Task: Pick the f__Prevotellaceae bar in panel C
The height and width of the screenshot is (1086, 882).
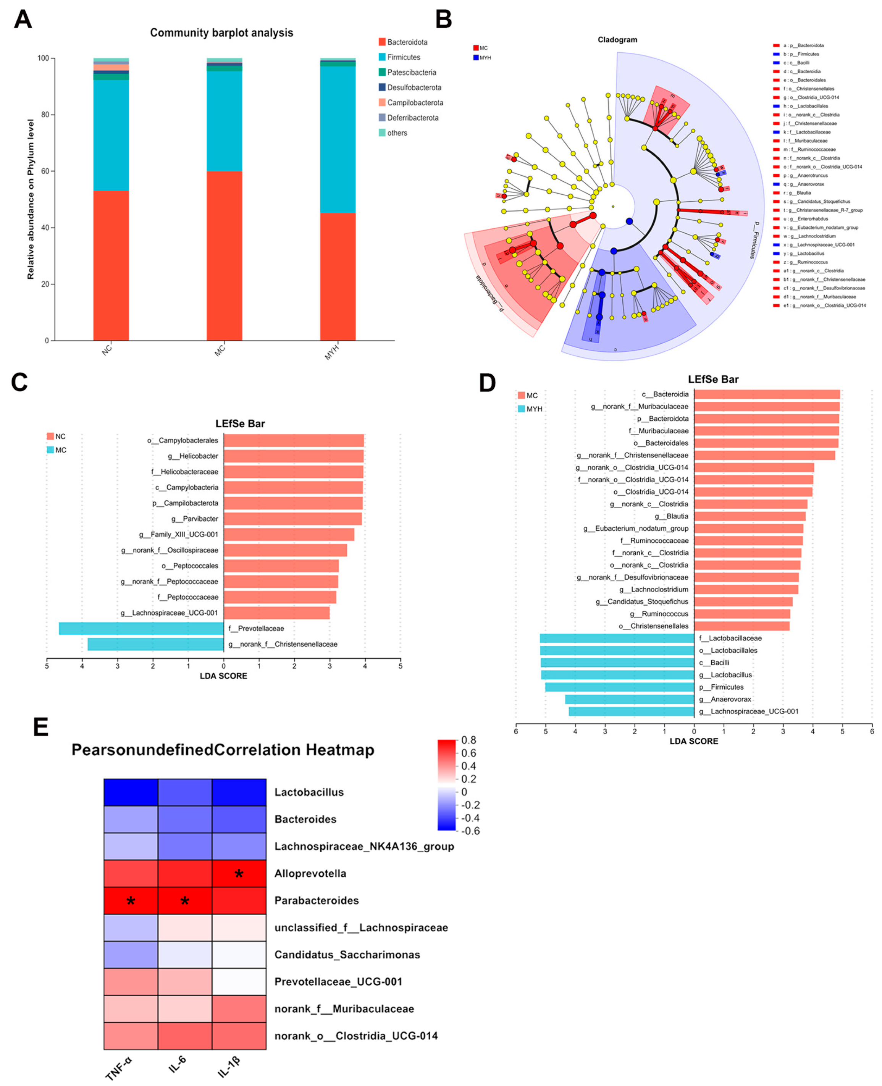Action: coord(141,629)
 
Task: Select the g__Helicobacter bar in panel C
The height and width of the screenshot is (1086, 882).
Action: coord(294,456)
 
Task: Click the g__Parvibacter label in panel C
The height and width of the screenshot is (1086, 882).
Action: coord(195,519)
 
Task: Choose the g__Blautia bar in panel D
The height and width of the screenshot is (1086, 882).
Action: coord(750,516)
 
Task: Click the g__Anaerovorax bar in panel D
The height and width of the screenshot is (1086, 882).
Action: coord(630,699)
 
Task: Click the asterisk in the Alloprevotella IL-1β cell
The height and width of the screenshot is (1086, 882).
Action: coord(239,874)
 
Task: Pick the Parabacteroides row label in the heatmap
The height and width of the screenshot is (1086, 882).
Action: coord(317,900)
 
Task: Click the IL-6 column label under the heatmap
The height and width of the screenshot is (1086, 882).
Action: coord(178,1063)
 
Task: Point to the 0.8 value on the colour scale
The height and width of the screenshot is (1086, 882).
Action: coord(468,740)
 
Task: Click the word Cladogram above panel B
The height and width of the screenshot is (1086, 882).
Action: coord(617,40)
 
